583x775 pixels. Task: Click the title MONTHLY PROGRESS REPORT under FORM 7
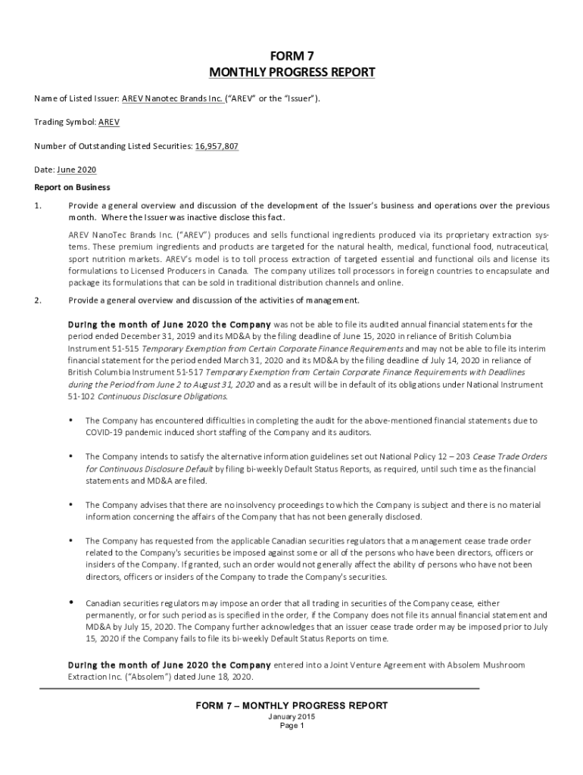click(291, 73)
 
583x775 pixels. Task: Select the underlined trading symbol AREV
click(108, 121)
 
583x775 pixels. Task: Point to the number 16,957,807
click(217, 146)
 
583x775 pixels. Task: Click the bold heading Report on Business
click(72, 187)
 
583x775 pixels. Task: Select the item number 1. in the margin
click(38, 206)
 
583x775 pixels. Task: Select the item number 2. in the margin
click(38, 300)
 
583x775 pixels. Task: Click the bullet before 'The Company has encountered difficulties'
click(70, 420)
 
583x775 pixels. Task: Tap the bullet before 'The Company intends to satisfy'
click(70, 456)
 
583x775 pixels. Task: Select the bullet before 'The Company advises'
click(70, 504)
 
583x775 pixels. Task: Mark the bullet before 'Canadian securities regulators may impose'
click(70, 602)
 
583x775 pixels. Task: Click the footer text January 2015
click(291, 717)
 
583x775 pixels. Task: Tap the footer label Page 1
click(291, 726)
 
